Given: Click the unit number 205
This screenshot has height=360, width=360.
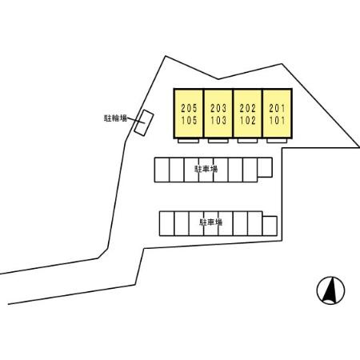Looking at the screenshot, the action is (x=189, y=108).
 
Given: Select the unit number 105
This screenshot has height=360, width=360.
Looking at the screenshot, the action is (x=189, y=120).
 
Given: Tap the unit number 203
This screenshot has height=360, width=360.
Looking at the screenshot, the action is (x=218, y=108).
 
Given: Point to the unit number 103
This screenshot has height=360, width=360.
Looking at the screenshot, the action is (x=218, y=120).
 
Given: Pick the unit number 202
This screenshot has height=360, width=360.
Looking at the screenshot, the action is (x=248, y=108).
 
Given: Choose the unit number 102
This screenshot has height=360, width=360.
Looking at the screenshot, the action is (x=248, y=120).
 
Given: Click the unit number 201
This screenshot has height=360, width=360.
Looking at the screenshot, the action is (x=277, y=108).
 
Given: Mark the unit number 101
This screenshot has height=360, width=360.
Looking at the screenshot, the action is (x=277, y=120).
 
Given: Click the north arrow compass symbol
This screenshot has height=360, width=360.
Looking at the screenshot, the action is (x=330, y=290).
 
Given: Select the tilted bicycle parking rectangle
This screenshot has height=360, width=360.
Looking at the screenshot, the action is (x=144, y=123).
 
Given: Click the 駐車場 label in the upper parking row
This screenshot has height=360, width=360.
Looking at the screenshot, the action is (x=206, y=169).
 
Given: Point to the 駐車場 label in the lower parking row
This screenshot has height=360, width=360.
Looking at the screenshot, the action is (x=211, y=222).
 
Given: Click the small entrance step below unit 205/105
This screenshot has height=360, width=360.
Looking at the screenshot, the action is (x=189, y=141).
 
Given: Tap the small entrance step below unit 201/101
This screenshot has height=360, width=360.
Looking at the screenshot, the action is (x=277, y=141).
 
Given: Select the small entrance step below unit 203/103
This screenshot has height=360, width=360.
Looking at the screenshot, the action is (x=218, y=141).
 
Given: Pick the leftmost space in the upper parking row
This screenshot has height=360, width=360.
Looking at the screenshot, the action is (x=162, y=170).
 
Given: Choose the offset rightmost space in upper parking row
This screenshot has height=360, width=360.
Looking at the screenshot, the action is (x=265, y=167).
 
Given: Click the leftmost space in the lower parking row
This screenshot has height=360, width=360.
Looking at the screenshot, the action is (x=167, y=223).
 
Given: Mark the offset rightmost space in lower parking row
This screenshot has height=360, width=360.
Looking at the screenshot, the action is (x=270, y=226).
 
